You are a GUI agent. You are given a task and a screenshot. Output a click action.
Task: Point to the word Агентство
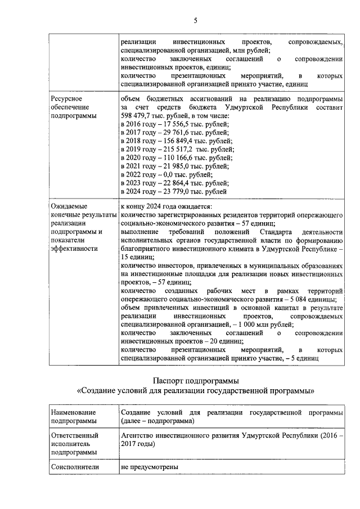(x=139, y=435)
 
